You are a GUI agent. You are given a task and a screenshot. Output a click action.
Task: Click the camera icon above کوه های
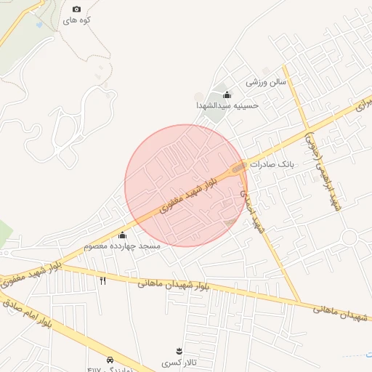pos(77,9)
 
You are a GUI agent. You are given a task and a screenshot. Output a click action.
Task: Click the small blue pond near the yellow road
pos(38,25)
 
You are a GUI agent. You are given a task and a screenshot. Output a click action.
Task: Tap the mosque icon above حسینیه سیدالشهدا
pos(227,94)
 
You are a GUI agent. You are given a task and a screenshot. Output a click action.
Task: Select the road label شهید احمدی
pos(251,211)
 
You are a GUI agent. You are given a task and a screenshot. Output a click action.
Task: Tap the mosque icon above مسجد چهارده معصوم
pos(121,235)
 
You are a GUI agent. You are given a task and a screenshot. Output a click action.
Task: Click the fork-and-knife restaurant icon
pos(102,280)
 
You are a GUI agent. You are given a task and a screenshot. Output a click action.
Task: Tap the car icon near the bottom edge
pos(110,360)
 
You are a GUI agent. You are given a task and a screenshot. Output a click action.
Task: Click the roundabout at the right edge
pos(349,238)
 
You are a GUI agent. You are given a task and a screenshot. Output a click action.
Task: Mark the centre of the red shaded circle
pos(186,186)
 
